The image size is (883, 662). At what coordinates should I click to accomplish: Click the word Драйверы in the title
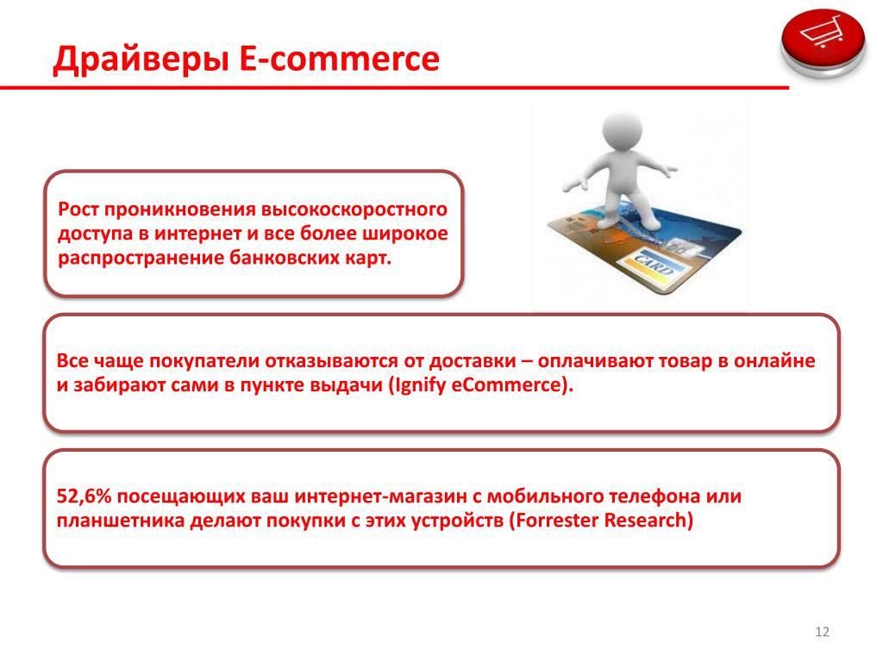point(141,59)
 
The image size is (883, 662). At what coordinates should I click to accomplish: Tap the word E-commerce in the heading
point(340,58)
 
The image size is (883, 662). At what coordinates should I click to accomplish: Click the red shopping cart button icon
point(823,43)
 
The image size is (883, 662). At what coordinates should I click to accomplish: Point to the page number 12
point(822,632)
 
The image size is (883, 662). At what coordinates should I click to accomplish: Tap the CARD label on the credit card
point(654,264)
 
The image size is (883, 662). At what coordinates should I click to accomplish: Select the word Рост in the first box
point(78,209)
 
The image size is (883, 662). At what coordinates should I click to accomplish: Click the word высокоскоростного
point(354,210)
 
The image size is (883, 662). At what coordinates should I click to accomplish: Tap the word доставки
point(473,361)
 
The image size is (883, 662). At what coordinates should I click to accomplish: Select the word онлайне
point(774,361)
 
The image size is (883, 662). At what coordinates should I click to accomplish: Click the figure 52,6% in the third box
point(84,496)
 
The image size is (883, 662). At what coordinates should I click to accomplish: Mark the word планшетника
point(120,520)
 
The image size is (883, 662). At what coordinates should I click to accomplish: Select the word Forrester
point(554,520)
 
